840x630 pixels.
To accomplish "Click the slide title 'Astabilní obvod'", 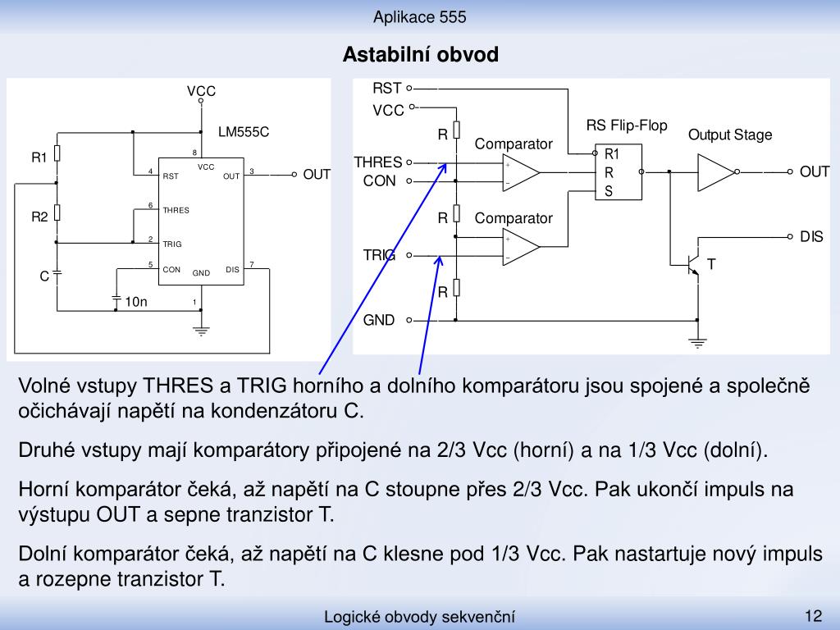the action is (x=421, y=55).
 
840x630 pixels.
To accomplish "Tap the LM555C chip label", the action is (x=243, y=132).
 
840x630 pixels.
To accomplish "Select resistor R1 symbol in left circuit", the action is (x=57, y=153).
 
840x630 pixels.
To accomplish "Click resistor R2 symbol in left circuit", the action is (x=57, y=212).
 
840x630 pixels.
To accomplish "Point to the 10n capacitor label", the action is (x=136, y=302).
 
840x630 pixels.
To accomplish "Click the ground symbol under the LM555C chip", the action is (x=201, y=331).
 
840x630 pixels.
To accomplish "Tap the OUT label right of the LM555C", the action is (x=317, y=175).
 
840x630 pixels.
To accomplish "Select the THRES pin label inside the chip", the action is (x=176, y=211).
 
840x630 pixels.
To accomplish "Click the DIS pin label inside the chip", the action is (x=232, y=269).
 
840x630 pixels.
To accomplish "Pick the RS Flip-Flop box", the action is (x=619, y=172).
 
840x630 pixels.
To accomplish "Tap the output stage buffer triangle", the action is (x=716, y=172).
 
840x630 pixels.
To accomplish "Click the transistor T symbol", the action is (x=693, y=265).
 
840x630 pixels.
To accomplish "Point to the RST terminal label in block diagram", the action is (x=387, y=88).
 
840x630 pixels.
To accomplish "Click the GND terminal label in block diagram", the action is (x=379, y=320).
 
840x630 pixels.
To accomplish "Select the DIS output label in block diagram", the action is (x=811, y=236).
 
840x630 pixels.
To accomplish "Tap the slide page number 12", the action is (x=813, y=615).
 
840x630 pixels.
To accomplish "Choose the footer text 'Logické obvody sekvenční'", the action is (x=419, y=617).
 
